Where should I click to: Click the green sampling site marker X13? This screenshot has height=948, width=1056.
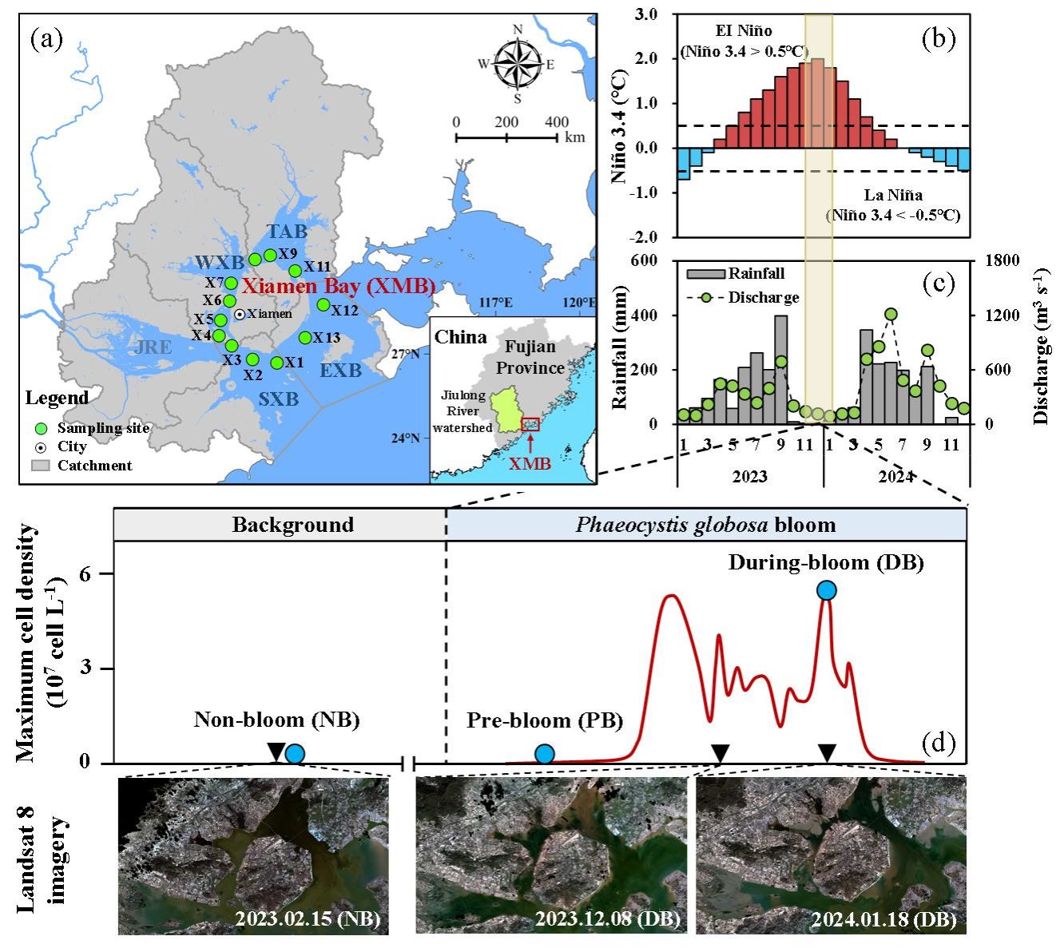point(305,338)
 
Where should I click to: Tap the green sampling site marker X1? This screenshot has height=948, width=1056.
point(276,363)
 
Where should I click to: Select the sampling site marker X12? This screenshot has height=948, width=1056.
point(324,304)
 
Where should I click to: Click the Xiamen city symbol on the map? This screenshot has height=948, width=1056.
point(240,314)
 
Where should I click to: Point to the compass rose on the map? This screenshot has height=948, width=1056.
point(517,64)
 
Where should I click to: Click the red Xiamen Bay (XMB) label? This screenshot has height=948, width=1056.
point(339,286)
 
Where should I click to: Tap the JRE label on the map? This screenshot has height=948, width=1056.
point(153,347)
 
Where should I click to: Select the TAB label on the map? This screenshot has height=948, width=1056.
point(287,231)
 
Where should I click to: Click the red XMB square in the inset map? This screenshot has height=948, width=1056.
point(530,424)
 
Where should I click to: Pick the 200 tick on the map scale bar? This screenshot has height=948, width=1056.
point(506,122)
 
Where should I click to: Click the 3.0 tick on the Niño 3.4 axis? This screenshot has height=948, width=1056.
point(645,14)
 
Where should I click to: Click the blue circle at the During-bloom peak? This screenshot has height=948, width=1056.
point(827,590)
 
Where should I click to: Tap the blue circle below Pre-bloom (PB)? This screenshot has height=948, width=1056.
point(545,754)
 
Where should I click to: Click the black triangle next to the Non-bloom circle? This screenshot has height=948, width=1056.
point(276,752)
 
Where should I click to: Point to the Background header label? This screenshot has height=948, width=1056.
point(293,524)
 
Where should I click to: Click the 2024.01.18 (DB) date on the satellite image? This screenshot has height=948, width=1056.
point(884,918)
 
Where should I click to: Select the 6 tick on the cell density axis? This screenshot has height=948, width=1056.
point(85,573)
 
